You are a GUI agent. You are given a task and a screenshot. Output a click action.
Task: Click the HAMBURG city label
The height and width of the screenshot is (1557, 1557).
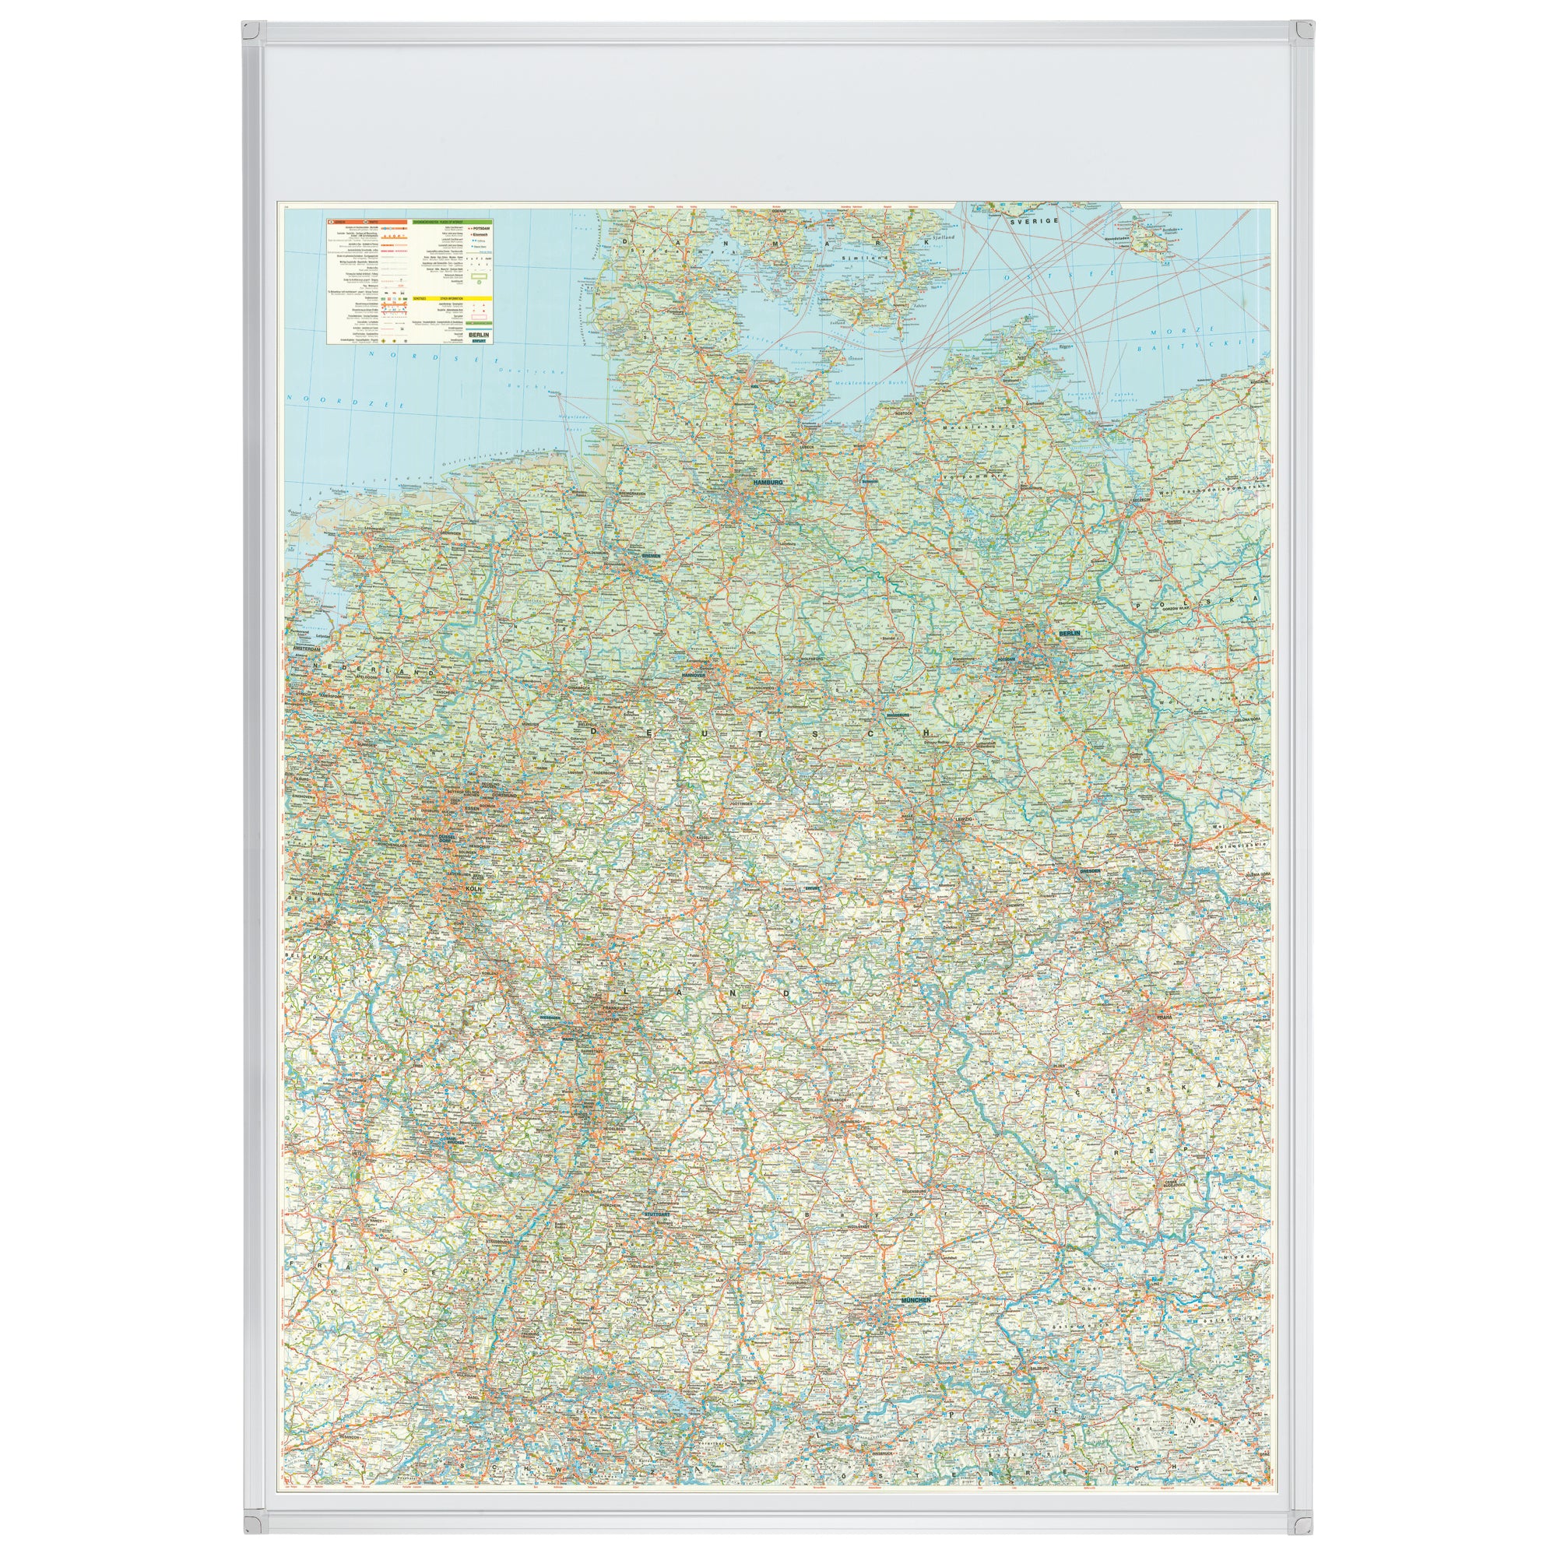click(x=768, y=481)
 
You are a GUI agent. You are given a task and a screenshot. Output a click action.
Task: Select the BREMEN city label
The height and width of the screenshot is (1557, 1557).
click(x=650, y=556)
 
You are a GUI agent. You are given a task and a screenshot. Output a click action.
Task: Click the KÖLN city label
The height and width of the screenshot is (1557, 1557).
click(x=472, y=888)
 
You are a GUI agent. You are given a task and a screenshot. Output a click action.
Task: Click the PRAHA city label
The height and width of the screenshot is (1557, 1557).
click(x=1165, y=1017)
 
